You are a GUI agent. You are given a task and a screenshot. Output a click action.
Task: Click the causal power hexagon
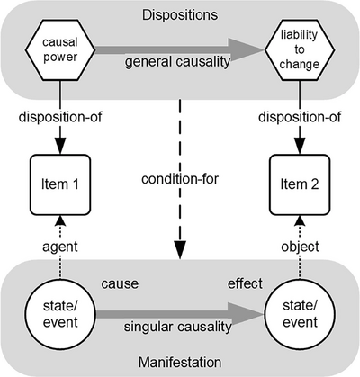(x=60, y=49)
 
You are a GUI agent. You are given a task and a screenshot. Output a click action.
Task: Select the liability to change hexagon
(x=300, y=49)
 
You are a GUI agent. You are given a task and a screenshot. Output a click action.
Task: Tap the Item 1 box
(x=60, y=184)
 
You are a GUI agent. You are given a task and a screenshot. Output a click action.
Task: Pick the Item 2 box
(x=300, y=184)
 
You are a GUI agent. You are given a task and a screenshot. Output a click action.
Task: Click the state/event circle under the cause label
(x=60, y=314)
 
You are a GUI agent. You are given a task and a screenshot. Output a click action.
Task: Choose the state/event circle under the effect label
(x=300, y=314)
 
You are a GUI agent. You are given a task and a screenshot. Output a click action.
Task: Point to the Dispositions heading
(x=180, y=15)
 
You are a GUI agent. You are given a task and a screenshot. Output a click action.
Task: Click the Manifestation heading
(x=180, y=363)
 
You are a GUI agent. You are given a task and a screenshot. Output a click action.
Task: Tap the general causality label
(x=177, y=62)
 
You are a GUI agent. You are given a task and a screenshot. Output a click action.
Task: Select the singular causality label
(x=178, y=327)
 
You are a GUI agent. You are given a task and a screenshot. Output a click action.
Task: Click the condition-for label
(x=180, y=179)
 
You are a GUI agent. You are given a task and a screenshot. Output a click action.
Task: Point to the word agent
(x=60, y=247)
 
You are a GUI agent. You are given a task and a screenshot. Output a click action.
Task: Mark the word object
(x=300, y=247)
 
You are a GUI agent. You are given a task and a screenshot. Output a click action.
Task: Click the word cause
(x=120, y=283)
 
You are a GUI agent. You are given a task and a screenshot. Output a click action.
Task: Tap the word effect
(x=245, y=283)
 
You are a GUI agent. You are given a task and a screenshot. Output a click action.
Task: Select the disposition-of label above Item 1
(x=60, y=117)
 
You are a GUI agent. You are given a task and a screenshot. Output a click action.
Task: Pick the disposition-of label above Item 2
(x=300, y=117)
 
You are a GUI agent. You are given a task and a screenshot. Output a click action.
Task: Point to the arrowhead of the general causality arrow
(x=246, y=50)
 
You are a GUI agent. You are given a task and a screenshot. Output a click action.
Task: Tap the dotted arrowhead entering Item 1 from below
(x=60, y=220)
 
